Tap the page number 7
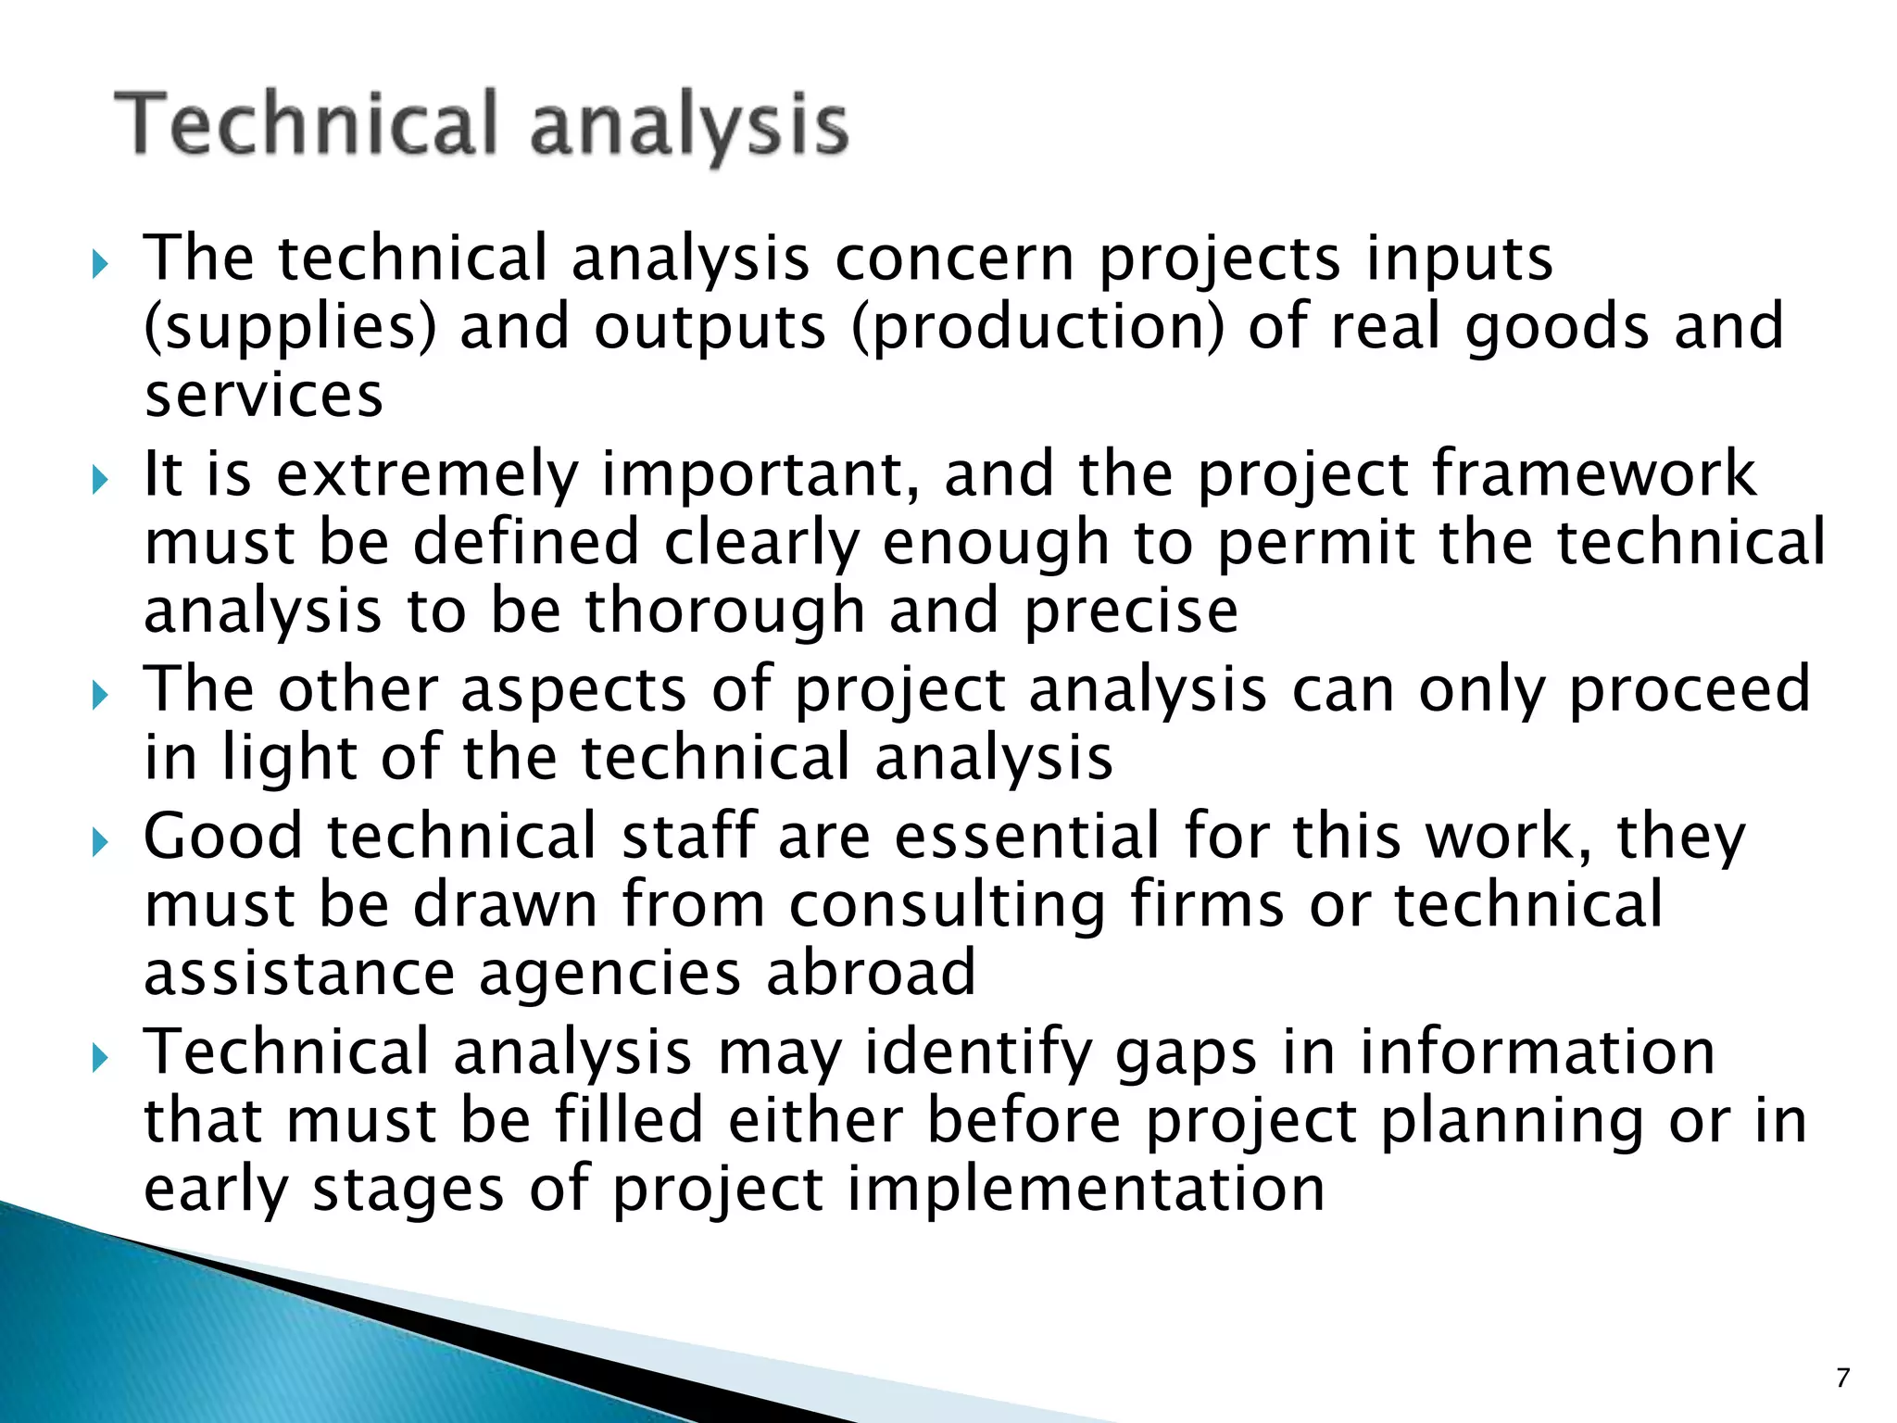click(1842, 1379)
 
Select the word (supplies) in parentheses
click(290, 327)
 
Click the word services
click(264, 396)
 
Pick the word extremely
click(427, 473)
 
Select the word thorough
click(724, 611)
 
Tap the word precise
click(1131, 611)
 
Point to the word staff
click(688, 836)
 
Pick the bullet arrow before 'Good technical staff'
click(101, 842)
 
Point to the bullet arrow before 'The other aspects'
click(101, 696)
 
